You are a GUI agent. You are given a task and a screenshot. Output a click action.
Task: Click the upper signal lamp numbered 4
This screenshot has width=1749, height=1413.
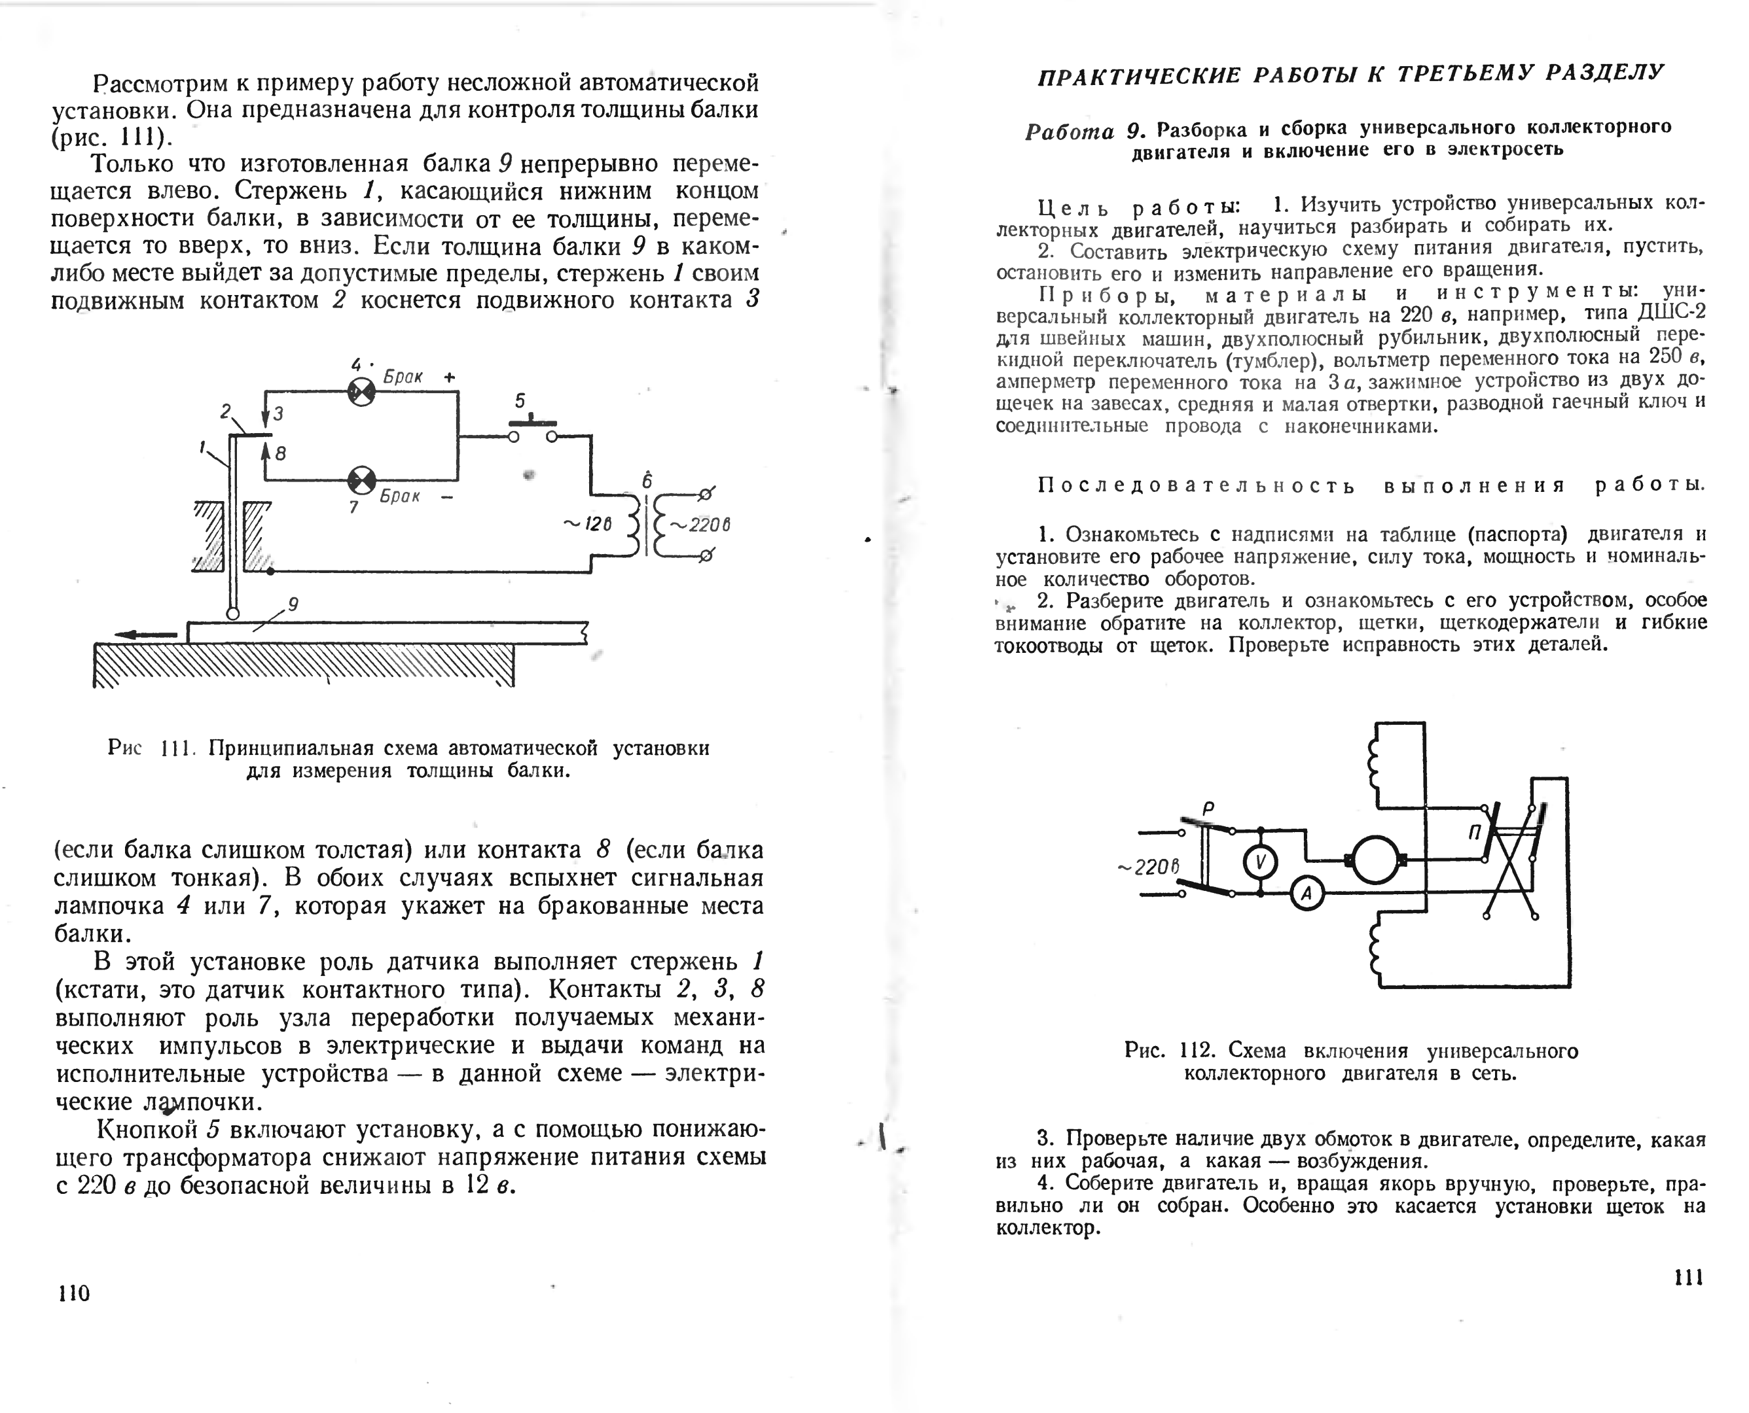click(361, 393)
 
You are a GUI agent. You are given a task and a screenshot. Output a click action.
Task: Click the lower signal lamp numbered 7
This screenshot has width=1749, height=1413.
click(361, 480)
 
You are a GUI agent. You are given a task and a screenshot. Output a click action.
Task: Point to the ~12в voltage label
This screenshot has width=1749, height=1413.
click(587, 524)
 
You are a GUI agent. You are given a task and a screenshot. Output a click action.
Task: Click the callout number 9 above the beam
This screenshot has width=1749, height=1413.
click(293, 604)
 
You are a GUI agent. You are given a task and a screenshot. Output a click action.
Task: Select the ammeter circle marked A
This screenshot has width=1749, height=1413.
click(1308, 894)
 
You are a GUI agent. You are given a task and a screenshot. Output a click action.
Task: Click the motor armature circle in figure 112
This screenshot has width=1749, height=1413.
click(1375, 860)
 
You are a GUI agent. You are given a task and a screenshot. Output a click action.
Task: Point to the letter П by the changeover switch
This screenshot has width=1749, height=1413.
click(1475, 832)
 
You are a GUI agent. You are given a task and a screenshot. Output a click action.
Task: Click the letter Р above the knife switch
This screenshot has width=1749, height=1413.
click(1208, 809)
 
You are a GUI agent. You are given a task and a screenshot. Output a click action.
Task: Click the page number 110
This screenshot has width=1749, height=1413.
click(74, 1293)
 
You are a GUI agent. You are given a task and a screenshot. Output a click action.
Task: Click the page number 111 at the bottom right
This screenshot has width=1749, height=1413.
click(1689, 1278)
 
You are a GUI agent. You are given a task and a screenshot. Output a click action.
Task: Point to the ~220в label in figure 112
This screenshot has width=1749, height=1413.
click(1149, 867)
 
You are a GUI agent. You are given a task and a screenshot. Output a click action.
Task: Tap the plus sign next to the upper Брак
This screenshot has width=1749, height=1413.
click(450, 377)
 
